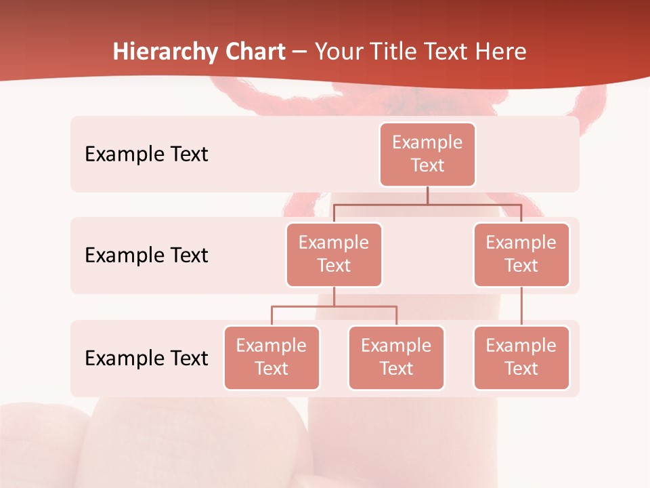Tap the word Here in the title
(502, 52)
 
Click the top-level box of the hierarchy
(427, 154)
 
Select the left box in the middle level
(334, 254)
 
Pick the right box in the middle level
(521, 254)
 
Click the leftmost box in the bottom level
(272, 357)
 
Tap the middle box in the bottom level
(396, 357)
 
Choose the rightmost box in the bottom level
(521, 357)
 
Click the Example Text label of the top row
(146, 154)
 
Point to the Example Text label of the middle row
(146, 255)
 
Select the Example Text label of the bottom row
(146, 358)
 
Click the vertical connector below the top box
(427, 195)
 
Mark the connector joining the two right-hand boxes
(521, 306)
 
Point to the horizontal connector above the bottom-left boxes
(334, 306)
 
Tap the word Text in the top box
(427, 165)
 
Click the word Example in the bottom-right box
(521, 346)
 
